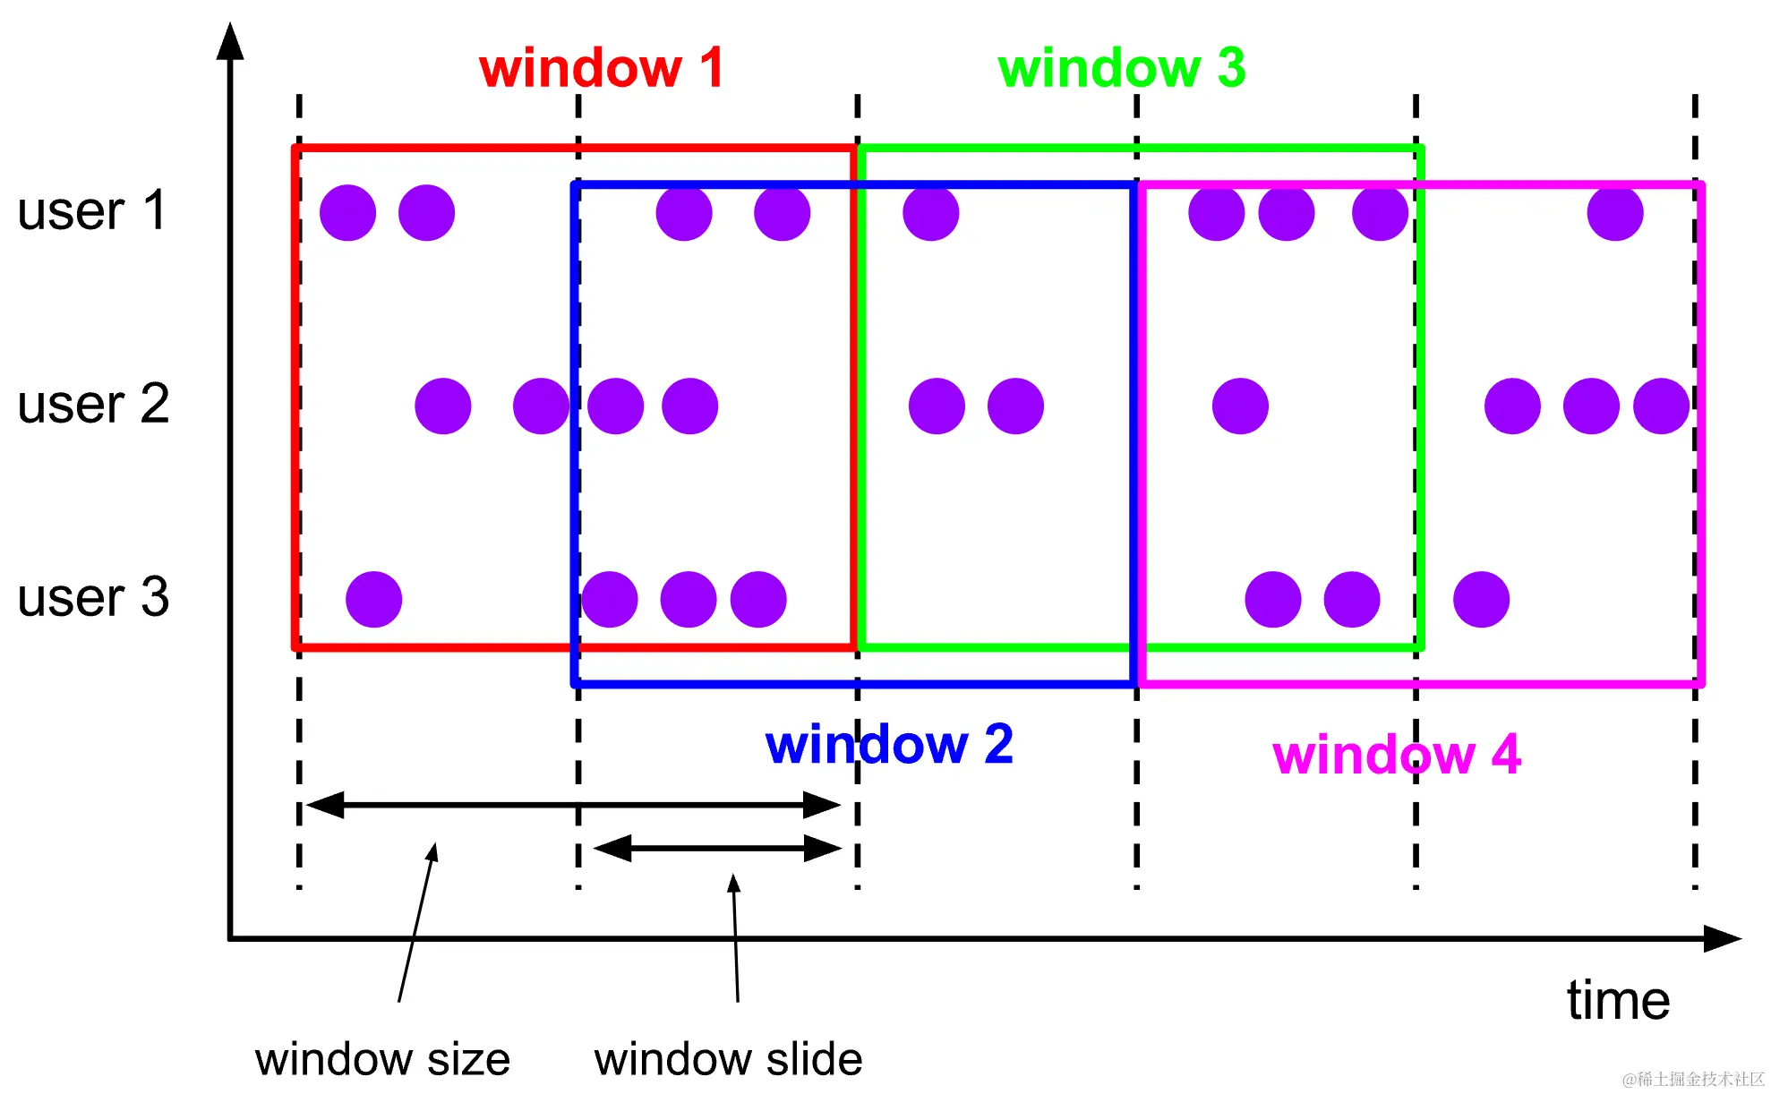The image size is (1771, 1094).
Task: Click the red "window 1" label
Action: [x=602, y=68]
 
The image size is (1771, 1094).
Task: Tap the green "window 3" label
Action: [x=1121, y=68]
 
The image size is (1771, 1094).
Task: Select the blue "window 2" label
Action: [x=889, y=744]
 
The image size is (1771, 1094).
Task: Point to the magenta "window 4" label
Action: [x=1397, y=755]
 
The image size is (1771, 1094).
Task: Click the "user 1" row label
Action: [x=92, y=211]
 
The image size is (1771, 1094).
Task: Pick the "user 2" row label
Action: [x=93, y=404]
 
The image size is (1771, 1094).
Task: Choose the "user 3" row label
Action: [x=93, y=597]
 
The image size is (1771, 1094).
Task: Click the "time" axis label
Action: [x=1618, y=1000]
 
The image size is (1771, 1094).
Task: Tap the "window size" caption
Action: [x=382, y=1060]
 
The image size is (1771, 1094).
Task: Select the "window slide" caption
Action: [x=728, y=1060]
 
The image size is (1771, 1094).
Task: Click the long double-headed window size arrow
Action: [x=573, y=805]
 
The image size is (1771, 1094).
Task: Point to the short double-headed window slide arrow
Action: [x=717, y=848]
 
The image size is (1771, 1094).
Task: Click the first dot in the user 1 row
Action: [x=347, y=213]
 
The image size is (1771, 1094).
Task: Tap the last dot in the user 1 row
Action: [x=1615, y=213]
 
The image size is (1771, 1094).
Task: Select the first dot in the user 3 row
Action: [x=373, y=599]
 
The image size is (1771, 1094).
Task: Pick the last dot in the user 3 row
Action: [x=1481, y=599]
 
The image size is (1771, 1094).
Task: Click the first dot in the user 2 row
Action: [x=443, y=406]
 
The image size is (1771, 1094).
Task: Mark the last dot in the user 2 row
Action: [x=1661, y=406]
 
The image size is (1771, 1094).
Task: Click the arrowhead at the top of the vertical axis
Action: [x=230, y=41]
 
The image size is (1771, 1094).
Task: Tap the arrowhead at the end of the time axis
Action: [x=1723, y=939]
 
